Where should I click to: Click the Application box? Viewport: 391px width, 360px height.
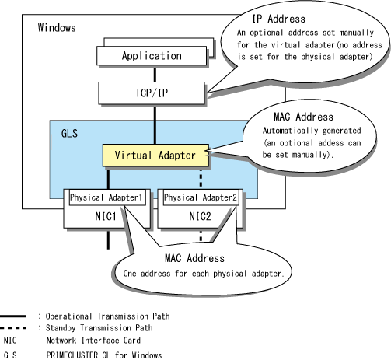click(152, 56)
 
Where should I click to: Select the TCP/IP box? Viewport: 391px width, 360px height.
click(152, 93)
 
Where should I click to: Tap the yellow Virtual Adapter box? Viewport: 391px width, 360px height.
click(155, 155)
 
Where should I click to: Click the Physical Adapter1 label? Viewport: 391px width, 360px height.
click(106, 197)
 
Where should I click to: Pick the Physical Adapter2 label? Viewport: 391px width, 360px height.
click(201, 197)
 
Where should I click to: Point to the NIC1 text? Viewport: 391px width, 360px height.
click(106, 216)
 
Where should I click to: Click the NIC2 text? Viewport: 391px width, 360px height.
click(200, 216)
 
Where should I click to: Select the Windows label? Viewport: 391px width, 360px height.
click(57, 28)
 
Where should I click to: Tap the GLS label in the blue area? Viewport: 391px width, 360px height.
click(69, 134)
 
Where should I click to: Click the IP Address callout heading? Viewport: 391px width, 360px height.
click(279, 19)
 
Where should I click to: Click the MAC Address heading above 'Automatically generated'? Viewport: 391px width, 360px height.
click(303, 117)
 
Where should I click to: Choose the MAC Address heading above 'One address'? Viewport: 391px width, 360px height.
click(194, 258)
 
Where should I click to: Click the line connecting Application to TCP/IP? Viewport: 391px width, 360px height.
click(155, 74)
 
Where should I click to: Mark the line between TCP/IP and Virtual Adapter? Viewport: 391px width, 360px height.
click(155, 124)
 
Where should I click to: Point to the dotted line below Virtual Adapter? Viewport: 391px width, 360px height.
click(201, 178)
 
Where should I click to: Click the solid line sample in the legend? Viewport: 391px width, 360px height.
click(13, 316)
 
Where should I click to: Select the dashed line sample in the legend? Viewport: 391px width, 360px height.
click(13, 328)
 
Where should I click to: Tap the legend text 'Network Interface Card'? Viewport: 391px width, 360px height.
click(93, 341)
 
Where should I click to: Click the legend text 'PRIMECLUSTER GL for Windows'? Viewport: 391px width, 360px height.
click(104, 355)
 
